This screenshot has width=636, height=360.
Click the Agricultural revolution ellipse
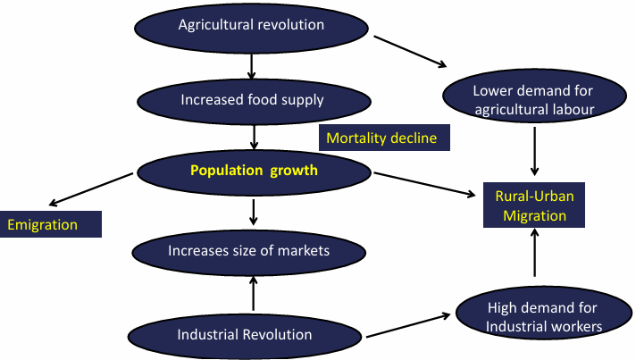click(252, 28)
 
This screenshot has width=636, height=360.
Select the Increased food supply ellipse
click(254, 101)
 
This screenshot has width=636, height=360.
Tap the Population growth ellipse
click(254, 172)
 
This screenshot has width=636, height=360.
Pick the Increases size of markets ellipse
click(249, 253)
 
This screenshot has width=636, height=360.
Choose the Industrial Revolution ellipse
click(245, 336)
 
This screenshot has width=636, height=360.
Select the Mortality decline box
click(384, 138)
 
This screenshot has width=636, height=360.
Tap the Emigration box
click(51, 224)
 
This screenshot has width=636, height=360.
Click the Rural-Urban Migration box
click(534, 205)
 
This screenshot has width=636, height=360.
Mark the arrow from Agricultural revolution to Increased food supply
click(252, 66)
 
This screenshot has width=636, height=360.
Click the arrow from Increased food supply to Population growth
click(254, 138)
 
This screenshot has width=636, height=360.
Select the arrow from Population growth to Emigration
click(91, 189)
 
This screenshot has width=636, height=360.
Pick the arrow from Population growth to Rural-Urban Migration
click(424, 185)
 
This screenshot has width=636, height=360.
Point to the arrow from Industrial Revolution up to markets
click(254, 294)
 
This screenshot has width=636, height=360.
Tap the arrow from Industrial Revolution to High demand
click(408, 325)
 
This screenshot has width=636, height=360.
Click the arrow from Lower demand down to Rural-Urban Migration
click(534, 151)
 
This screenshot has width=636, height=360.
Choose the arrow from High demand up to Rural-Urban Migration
click(534, 252)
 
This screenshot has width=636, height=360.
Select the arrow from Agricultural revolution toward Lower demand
click(410, 52)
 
